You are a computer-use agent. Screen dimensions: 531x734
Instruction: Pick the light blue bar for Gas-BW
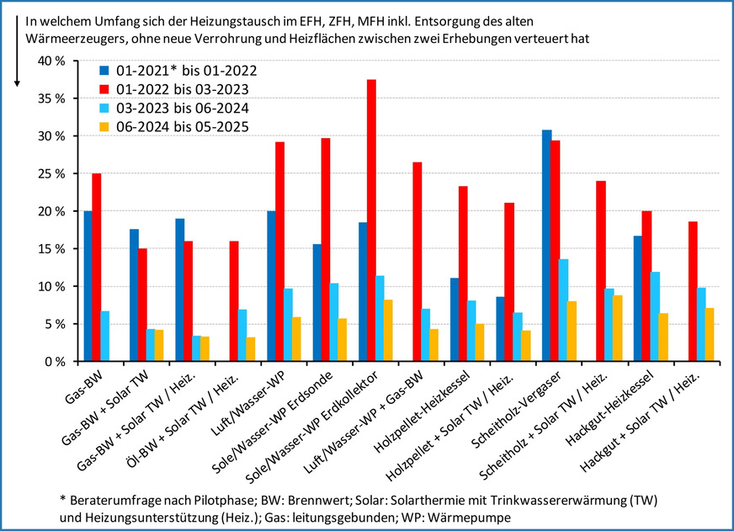(106, 337)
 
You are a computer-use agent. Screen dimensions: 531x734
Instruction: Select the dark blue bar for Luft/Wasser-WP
(271, 286)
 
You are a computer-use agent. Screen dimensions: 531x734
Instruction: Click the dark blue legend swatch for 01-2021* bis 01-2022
(104, 70)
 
